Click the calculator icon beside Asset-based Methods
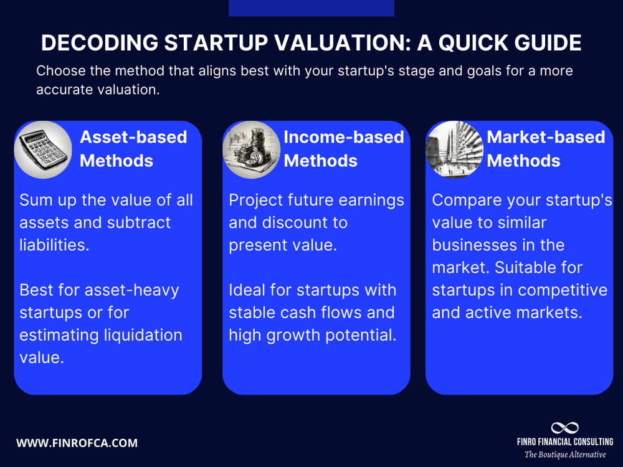tap(43, 149)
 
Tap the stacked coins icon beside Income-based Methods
tap(251, 149)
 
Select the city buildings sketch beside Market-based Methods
tap(454, 149)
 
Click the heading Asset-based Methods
tap(133, 149)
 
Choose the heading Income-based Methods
tap(343, 149)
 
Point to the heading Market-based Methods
tap(546, 149)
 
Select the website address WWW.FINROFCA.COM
tap(77, 443)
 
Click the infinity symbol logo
tap(564, 428)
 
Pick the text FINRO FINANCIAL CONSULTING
tap(564, 441)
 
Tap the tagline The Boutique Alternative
tap(564, 455)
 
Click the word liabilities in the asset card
tap(54, 245)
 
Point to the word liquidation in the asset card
tap(145, 335)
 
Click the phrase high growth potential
tap(312, 335)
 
